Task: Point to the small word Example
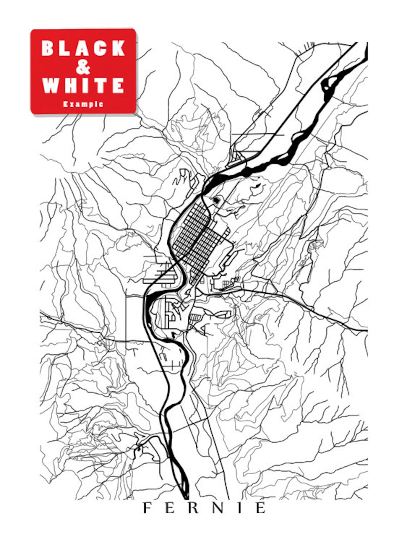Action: point(83,104)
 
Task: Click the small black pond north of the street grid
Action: point(217,200)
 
